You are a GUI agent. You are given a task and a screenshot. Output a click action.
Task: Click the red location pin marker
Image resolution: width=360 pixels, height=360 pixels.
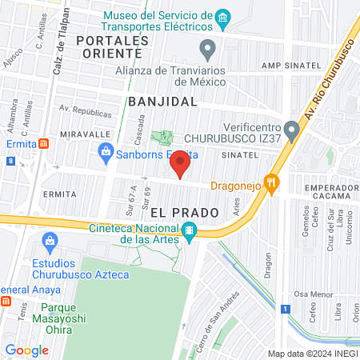(x=181, y=163)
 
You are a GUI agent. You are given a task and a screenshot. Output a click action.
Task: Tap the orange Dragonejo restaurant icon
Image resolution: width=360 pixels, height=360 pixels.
(x=273, y=186)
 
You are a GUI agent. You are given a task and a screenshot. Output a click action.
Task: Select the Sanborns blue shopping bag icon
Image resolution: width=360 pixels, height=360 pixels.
(x=105, y=150)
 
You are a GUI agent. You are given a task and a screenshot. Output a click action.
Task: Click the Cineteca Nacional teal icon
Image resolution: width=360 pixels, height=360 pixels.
(x=190, y=233)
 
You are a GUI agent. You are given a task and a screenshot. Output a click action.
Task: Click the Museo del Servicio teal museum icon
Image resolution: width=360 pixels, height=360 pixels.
(x=224, y=17)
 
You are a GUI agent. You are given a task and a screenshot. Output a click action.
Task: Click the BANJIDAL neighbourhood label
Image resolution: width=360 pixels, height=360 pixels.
(x=162, y=102)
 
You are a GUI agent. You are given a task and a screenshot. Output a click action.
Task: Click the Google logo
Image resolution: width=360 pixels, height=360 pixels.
(x=26, y=350)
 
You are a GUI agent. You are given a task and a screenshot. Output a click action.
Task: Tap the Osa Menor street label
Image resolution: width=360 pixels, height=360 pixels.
(x=311, y=294)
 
